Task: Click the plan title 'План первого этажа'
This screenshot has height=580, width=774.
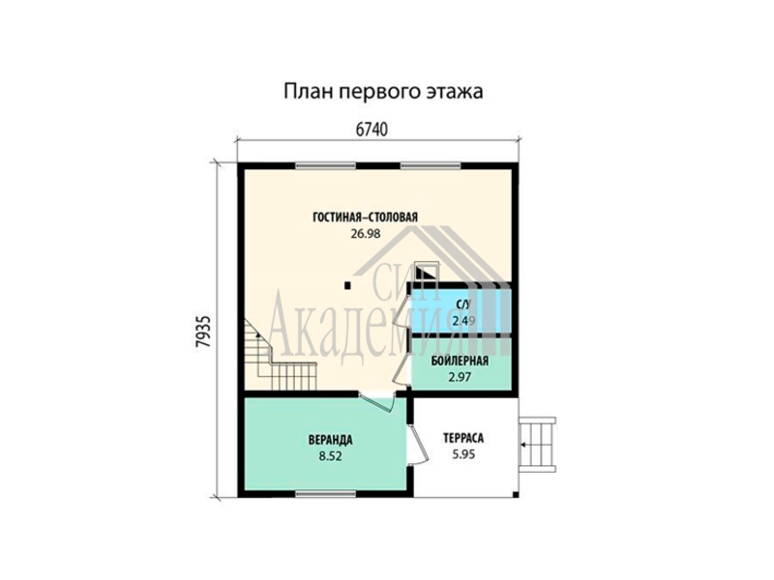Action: click(x=383, y=92)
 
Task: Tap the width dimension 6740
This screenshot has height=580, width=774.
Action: click(x=372, y=130)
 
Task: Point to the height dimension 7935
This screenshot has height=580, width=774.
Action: click(x=203, y=331)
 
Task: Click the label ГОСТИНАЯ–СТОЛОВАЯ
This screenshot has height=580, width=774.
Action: click(x=366, y=217)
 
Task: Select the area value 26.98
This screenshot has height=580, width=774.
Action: click(x=366, y=234)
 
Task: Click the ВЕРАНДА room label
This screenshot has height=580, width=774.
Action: click(x=330, y=439)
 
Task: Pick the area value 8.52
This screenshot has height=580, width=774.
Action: click(x=330, y=456)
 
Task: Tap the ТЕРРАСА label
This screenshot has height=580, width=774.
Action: click(x=463, y=438)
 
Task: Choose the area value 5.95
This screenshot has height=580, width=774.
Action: click(x=463, y=454)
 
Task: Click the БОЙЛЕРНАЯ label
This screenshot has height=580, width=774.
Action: click(x=460, y=361)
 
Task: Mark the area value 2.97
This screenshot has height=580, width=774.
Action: click(x=460, y=377)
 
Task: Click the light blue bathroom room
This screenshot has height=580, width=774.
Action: click(x=461, y=310)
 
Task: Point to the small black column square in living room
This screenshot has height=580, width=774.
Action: click(x=347, y=284)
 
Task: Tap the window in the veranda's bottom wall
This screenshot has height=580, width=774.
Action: click(x=325, y=493)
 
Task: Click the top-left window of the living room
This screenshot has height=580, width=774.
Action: click(x=325, y=165)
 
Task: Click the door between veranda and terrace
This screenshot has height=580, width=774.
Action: click(x=418, y=444)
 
